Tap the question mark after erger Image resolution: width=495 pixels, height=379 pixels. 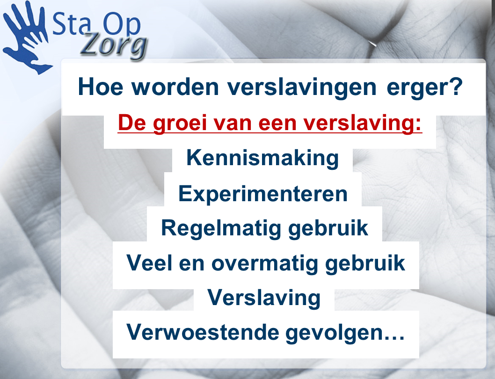(456, 86)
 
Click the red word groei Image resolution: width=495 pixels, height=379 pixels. (180, 123)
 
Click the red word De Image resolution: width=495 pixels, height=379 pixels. (132, 123)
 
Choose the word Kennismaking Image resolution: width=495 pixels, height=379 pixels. (262, 158)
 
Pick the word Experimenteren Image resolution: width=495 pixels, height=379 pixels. (263, 194)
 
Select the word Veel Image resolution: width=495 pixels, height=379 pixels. (149, 263)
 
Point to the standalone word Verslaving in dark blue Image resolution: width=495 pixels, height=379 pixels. (264, 298)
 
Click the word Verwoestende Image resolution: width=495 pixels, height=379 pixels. (203, 332)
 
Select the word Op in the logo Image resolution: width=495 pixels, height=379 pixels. (122, 25)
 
